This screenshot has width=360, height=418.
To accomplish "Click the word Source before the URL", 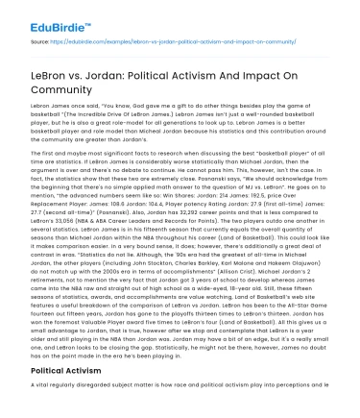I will tap(39, 41).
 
